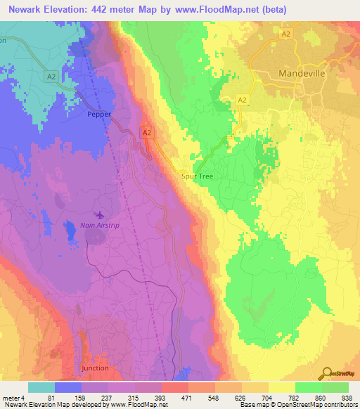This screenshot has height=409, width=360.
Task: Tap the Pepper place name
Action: click(98, 113)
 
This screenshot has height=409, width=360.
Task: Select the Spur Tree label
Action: click(197, 176)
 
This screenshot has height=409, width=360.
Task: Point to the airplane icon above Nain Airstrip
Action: click(98, 214)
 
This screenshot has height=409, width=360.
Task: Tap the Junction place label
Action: click(95, 368)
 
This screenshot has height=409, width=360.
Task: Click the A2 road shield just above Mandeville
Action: click(286, 33)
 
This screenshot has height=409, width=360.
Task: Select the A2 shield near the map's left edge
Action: click(49, 76)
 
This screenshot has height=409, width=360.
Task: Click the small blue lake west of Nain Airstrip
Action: click(70, 229)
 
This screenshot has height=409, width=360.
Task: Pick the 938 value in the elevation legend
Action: click(348, 397)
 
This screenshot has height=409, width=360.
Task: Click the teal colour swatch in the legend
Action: click(41, 387)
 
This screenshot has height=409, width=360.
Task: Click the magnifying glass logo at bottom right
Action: click(326, 374)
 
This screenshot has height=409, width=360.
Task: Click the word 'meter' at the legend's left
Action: click(11, 397)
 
